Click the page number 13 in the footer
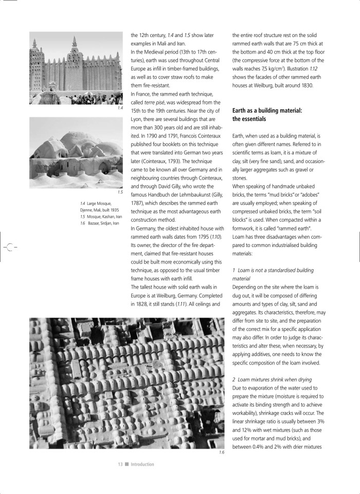click(x=120, y=464)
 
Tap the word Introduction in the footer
click(x=142, y=464)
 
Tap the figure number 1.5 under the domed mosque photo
click(x=120, y=192)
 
